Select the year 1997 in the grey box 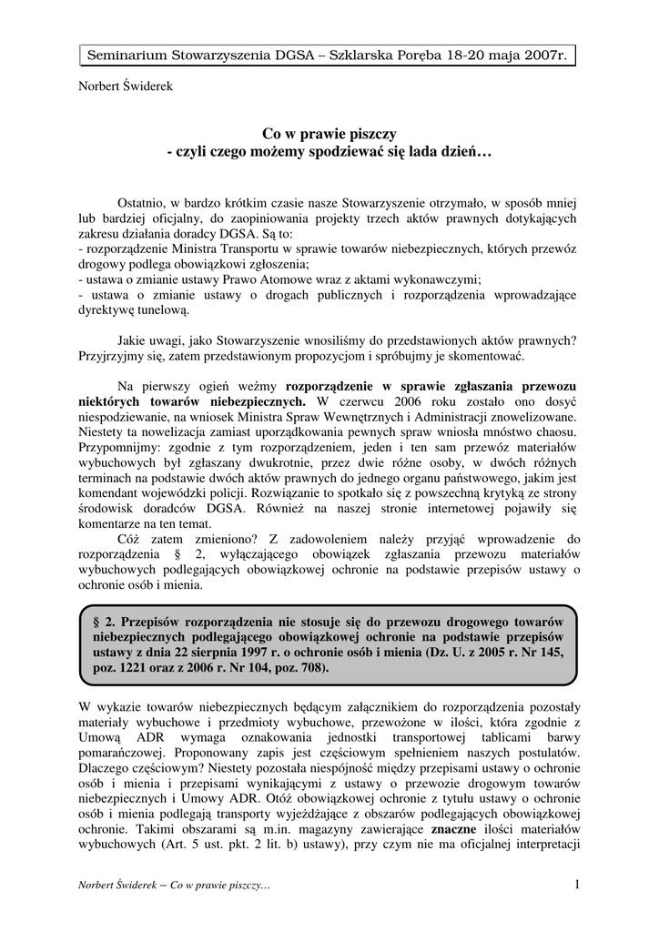pos(270,651)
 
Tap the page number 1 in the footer pos(576,884)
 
